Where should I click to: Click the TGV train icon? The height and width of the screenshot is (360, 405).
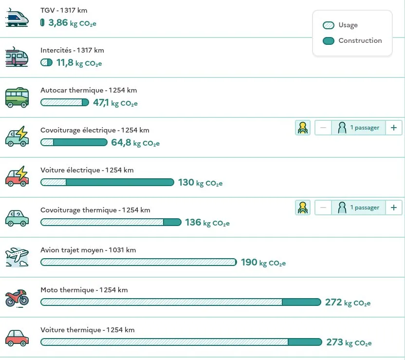[x=17, y=19]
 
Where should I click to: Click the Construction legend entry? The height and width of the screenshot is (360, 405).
[x=352, y=41]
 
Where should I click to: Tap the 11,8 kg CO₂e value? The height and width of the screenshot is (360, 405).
[x=78, y=63]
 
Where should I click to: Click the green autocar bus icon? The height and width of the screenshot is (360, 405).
[x=17, y=98]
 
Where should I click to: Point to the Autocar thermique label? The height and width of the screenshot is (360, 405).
[x=88, y=90]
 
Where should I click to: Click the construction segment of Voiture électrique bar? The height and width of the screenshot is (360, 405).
[x=119, y=182]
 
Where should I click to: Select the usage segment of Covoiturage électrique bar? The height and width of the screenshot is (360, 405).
[x=47, y=142]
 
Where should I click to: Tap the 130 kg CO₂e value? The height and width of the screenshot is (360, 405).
[x=200, y=183]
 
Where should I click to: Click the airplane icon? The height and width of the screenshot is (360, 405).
[x=17, y=257]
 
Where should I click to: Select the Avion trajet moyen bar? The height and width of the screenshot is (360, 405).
[x=138, y=262]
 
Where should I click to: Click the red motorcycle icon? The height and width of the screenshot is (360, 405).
[x=17, y=297]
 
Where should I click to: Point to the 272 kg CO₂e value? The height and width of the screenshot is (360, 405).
[x=348, y=303]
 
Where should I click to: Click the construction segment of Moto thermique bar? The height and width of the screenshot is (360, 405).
[x=301, y=302]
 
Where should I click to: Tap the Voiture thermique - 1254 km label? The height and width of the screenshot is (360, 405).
[x=87, y=330]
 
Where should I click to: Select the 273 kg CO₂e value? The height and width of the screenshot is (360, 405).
[x=349, y=342]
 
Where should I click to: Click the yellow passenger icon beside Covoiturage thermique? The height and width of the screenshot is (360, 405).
[x=303, y=208]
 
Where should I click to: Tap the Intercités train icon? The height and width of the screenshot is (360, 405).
[x=17, y=58]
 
